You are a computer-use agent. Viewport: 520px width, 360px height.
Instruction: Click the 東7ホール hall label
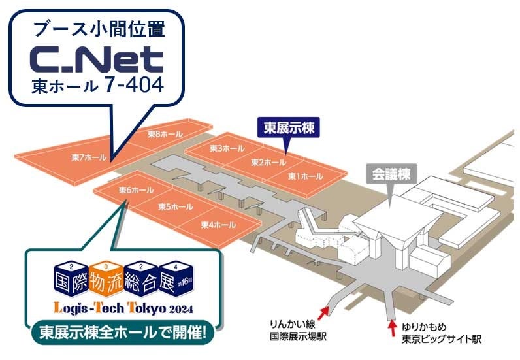(x=84, y=157)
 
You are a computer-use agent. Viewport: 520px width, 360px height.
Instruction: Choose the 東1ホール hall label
(x=306, y=176)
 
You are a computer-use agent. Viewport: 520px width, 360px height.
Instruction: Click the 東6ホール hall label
(x=137, y=190)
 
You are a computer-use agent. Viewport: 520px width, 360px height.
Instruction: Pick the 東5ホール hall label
(x=176, y=207)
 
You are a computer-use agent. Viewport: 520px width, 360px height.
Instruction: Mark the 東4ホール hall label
(x=218, y=225)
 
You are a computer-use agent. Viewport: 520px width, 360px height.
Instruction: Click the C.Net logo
(x=97, y=60)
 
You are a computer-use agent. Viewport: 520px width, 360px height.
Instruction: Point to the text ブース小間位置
(x=98, y=29)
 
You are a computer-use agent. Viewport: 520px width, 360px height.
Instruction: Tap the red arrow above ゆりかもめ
(x=392, y=325)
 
